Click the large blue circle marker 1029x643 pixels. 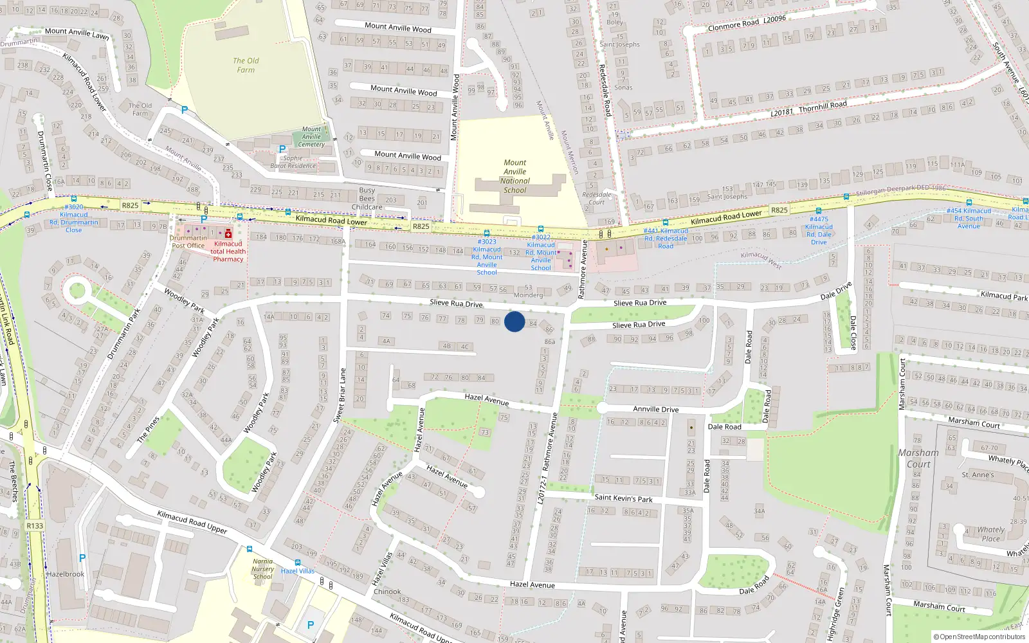514,321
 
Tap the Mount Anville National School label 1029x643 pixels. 514,176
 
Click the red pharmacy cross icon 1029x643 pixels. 228,234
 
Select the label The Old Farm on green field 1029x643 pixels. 246,65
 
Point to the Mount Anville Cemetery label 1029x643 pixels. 311,137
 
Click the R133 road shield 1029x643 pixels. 35,526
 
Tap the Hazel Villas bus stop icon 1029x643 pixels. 297,563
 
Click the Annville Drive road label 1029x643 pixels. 655,409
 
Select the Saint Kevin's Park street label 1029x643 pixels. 623,498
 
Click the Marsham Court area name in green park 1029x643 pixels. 918,458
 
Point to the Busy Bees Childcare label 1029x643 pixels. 367,199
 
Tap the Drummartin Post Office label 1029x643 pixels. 188,242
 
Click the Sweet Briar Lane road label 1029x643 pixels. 339,395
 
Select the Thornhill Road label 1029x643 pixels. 823,106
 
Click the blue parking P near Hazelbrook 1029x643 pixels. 82,558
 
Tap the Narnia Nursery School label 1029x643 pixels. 262,569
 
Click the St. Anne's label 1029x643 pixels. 978,475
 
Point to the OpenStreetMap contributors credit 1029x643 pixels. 979,637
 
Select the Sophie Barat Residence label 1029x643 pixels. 293,162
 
